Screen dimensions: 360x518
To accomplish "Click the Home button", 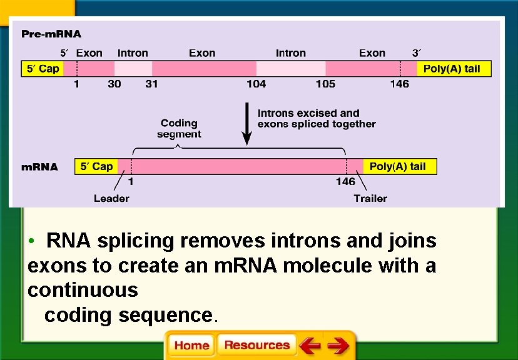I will click(191, 346).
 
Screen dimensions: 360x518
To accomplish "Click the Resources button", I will click(256, 345).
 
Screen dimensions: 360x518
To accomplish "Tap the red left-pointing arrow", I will click(309, 346).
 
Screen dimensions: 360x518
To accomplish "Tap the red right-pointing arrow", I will click(338, 346).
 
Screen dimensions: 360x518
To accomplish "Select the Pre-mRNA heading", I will click(51, 33).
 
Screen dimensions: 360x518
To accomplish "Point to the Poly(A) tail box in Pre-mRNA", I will click(452, 69).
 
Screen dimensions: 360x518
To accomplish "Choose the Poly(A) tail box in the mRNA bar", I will click(398, 166).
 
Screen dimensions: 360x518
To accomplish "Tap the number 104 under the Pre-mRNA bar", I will click(256, 84).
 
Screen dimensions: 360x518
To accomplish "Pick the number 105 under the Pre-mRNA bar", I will click(325, 84).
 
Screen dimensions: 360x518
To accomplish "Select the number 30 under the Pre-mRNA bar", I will click(114, 84).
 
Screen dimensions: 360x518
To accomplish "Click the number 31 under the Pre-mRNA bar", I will click(151, 84).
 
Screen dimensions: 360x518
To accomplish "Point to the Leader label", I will click(111, 198).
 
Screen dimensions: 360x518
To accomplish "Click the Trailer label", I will click(370, 198).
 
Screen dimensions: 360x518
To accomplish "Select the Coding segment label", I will click(179, 129).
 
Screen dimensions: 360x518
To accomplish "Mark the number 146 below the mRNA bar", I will click(345, 181).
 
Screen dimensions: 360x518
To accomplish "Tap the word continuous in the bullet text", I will click(83, 290).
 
